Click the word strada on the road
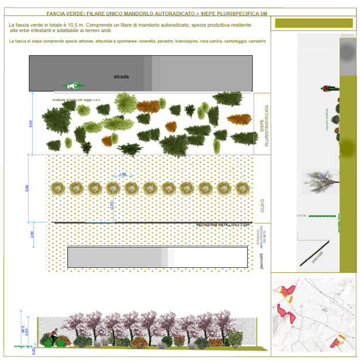click(x=121, y=76)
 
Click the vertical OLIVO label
click(x=262, y=205)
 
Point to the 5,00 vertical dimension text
click(x=31, y=123)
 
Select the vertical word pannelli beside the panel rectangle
click(x=261, y=263)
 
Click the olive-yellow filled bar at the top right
click(x=313, y=24)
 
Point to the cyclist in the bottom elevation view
click(x=53, y=337)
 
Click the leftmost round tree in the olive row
click(x=58, y=188)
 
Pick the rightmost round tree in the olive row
click(x=242, y=188)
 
